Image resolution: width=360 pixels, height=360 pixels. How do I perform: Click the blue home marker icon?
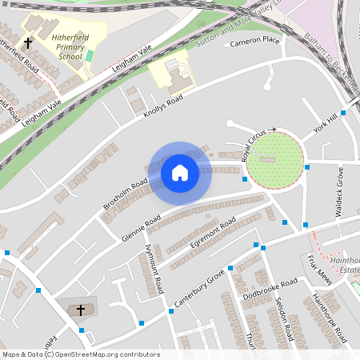180,172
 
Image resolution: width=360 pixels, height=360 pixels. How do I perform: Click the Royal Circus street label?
254,146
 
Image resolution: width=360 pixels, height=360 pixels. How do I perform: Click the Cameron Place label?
255,40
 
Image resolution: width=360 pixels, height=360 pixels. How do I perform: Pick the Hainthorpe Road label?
330,317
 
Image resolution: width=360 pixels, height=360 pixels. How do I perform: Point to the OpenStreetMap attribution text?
81,354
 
